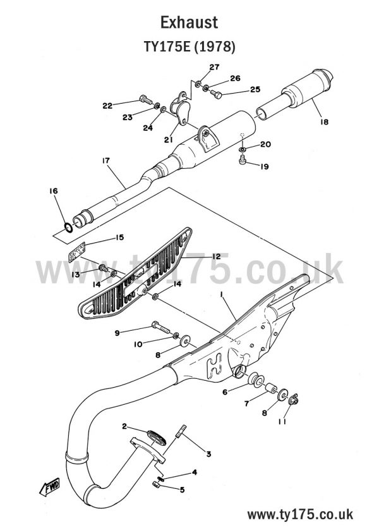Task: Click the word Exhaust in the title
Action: pos(189,23)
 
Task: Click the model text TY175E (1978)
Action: pos(189,47)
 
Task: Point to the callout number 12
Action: pos(216,256)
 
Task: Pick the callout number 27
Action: pos(214,68)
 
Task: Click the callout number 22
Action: pos(107,105)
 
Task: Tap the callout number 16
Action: pos(53,191)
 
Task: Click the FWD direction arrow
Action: pos(49,487)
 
